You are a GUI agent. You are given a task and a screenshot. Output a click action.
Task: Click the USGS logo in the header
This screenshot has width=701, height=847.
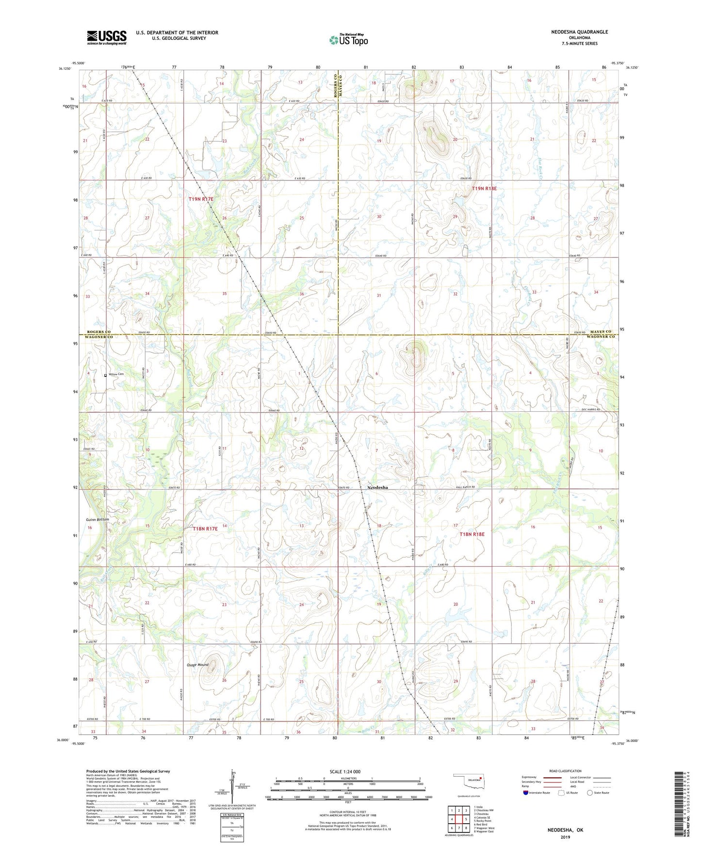[x=107, y=37]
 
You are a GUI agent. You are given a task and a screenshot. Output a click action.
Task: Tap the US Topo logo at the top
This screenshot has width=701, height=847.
[x=348, y=40]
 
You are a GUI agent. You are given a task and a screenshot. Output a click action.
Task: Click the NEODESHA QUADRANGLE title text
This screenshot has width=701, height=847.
[x=579, y=32]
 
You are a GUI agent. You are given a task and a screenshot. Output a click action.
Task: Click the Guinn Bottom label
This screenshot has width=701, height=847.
[x=98, y=520]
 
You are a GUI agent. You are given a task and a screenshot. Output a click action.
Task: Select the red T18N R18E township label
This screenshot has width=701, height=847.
[x=472, y=534]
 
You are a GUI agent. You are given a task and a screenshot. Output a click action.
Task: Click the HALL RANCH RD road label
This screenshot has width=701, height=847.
[x=464, y=487]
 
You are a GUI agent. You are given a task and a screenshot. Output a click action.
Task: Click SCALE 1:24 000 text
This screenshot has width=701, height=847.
[x=345, y=771]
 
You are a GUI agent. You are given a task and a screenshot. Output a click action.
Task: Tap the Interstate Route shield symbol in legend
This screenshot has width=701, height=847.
[x=526, y=793]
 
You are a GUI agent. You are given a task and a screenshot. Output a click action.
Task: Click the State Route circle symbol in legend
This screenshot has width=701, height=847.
[x=590, y=793]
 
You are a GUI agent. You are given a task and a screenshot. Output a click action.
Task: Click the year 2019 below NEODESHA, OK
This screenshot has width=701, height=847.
[x=565, y=837]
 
